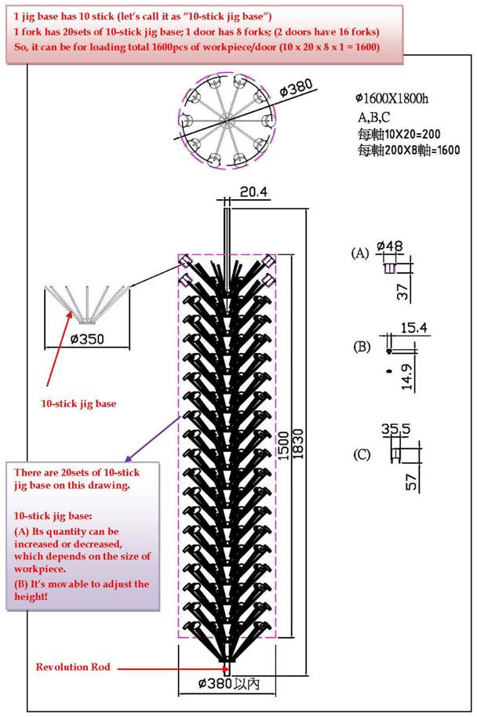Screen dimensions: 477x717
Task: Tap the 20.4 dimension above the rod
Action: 254,191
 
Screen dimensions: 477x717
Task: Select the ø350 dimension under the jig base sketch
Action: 87,340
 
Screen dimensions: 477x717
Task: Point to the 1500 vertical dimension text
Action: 283,445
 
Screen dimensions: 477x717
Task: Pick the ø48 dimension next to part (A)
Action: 390,246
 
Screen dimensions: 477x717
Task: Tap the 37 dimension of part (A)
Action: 402,292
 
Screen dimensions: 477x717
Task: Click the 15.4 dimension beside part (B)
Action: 414,328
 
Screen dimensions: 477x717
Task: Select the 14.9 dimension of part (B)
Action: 407,377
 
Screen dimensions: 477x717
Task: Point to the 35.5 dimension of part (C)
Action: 396,429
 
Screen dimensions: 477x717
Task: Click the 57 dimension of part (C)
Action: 412,482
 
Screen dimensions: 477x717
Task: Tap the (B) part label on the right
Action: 362,347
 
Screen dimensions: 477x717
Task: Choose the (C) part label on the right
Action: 362,455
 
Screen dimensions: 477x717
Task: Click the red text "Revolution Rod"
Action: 73,667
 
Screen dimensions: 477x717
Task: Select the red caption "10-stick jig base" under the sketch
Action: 78,404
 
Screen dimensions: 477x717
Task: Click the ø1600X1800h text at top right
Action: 392,98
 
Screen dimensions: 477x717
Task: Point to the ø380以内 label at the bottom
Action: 229,683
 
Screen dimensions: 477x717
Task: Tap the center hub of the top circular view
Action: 227,121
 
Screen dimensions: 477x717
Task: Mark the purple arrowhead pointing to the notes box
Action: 129,458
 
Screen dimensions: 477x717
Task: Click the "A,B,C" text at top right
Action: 373,117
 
